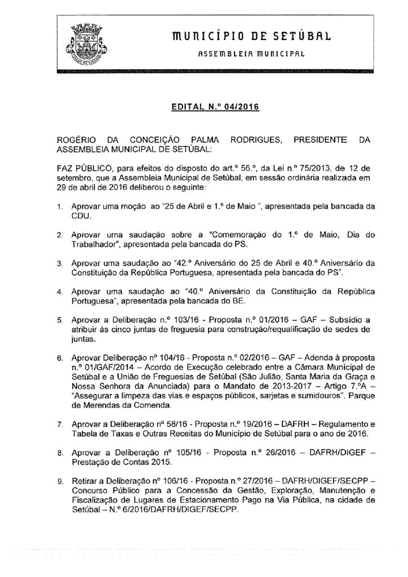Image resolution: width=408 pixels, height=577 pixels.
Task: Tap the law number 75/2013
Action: point(276,167)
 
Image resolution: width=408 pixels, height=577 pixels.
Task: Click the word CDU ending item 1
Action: point(81,216)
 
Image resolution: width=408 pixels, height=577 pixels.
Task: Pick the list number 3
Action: point(60,263)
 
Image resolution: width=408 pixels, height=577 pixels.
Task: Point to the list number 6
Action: point(60,358)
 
